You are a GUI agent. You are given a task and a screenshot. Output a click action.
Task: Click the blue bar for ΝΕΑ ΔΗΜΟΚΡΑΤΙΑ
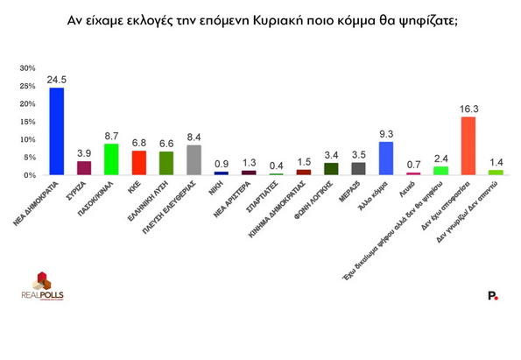click(x=56, y=131)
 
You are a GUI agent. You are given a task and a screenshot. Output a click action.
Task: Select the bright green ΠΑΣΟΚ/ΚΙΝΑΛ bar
click(x=111, y=159)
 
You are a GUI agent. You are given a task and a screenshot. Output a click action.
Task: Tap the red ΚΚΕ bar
click(x=138, y=163)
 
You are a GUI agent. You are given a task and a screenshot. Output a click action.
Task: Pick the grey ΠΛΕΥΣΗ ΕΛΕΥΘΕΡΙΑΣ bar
click(x=194, y=160)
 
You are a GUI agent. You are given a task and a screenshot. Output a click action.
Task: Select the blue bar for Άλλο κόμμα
click(x=385, y=159)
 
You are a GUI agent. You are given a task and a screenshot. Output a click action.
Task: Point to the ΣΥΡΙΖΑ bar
click(x=84, y=168)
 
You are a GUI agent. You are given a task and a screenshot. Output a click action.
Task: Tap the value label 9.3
click(x=385, y=135)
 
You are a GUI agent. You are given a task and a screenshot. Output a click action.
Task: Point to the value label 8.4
click(x=194, y=138)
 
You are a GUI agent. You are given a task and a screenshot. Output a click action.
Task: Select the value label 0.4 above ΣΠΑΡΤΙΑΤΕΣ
click(x=276, y=166)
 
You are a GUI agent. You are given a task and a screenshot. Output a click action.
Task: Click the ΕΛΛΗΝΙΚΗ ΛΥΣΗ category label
click(x=154, y=200)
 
